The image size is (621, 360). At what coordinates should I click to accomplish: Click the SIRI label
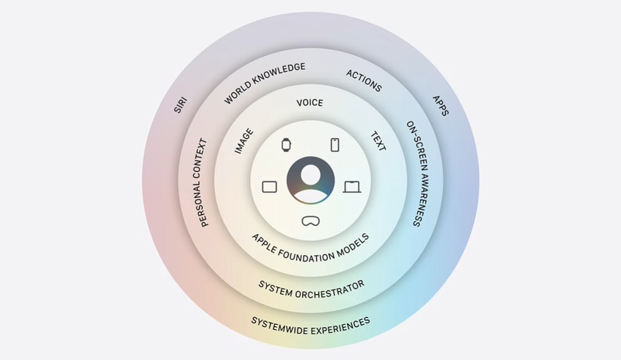pos(180,105)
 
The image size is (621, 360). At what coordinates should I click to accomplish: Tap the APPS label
pos(440,106)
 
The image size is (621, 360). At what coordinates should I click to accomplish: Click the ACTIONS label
pos(364,81)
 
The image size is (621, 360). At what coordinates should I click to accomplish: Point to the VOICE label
pos(310,103)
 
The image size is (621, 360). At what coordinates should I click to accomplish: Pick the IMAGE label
pos(244,141)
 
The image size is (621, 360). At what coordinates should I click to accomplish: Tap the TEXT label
pos(378,141)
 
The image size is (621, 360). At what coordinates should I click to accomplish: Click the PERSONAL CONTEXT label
pos(200,182)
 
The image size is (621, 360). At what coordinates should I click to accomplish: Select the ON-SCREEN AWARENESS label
pos(418,174)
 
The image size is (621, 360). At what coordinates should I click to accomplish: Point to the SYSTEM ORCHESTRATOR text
pos(311,290)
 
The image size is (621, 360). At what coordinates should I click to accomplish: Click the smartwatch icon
pos(286,145)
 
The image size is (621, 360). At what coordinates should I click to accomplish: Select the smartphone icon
pos(335,145)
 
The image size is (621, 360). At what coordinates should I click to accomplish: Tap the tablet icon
pos(270,187)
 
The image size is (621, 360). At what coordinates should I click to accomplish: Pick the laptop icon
pos(352,187)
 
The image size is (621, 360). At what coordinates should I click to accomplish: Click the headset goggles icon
pos(310,221)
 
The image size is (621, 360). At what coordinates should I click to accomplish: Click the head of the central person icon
pos(311,174)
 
